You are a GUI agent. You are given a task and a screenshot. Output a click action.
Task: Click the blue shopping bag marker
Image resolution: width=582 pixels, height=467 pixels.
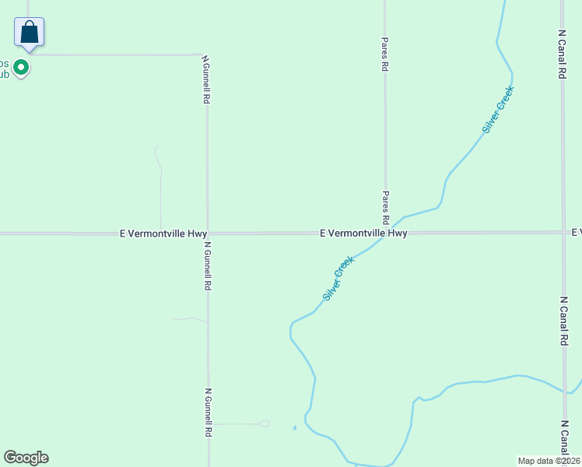[x=29, y=33]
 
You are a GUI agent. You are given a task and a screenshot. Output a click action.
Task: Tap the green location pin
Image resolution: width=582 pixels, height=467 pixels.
[x=23, y=68]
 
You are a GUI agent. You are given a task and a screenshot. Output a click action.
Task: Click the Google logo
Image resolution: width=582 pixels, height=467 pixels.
[x=26, y=458]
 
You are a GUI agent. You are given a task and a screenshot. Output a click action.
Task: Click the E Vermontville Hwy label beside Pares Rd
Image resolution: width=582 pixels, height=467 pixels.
[x=363, y=233]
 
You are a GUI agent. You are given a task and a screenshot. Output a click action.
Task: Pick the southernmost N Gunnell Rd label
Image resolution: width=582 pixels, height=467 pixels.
[x=209, y=412]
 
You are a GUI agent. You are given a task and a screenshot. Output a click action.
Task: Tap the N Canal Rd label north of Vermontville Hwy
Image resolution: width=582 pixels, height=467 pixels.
[x=562, y=54]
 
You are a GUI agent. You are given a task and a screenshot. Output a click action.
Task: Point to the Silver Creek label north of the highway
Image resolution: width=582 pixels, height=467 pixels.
[x=498, y=108]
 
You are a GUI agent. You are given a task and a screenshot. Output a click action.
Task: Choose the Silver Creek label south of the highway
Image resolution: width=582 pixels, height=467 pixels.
[x=338, y=279]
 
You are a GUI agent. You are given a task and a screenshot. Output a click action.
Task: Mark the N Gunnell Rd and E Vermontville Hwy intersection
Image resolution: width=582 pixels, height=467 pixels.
[x=207, y=233]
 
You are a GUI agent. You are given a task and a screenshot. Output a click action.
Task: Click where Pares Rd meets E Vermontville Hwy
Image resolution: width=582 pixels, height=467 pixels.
[x=385, y=232]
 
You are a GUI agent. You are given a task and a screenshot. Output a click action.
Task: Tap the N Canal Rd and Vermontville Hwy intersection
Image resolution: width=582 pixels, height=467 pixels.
[x=563, y=232]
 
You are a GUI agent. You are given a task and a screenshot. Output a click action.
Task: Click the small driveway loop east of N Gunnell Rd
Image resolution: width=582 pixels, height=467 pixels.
[x=265, y=423]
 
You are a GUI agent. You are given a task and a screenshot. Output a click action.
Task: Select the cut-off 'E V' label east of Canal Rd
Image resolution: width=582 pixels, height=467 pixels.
[x=577, y=233]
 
